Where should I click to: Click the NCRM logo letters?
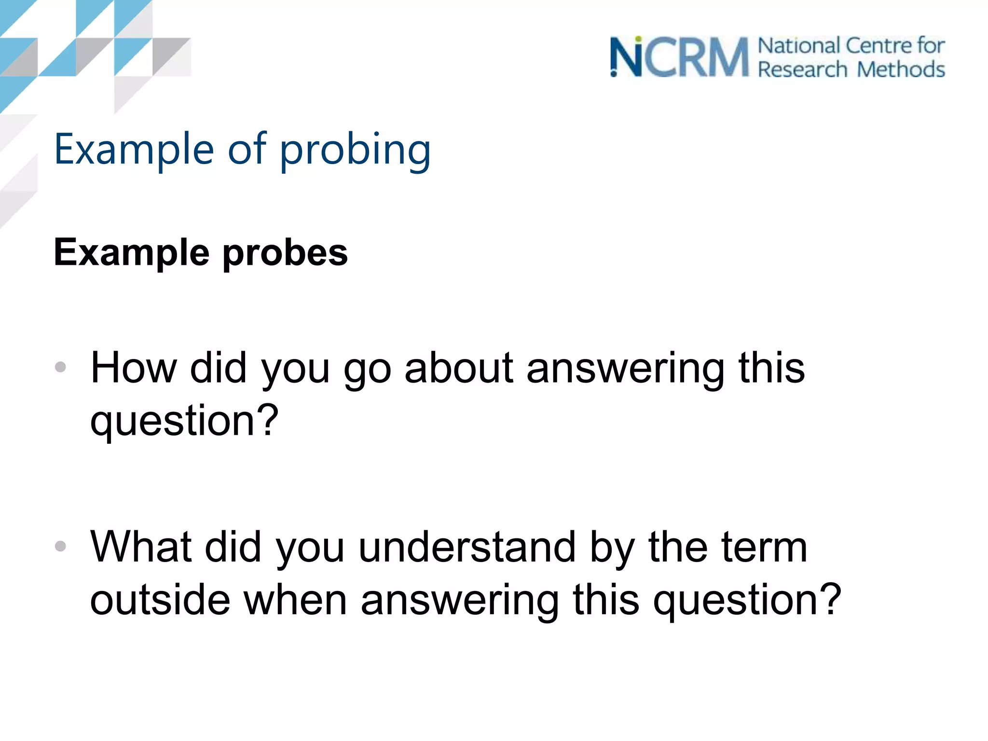pyautogui.click(x=679, y=57)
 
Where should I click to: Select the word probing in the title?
pyautogui.click(x=355, y=151)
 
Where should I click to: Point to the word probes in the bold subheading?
pyautogui.click(x=285, y=253)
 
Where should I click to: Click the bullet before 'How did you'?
pyautogui.click(x=60, y=367)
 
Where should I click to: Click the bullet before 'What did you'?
pyautogui.click(x=60, y=546)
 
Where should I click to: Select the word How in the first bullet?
pyautogui.click(x=134, y=368)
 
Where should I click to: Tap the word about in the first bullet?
pyautogui.click(x=459, y=368)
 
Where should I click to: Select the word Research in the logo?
pyautogui.click(x=802, y=69)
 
